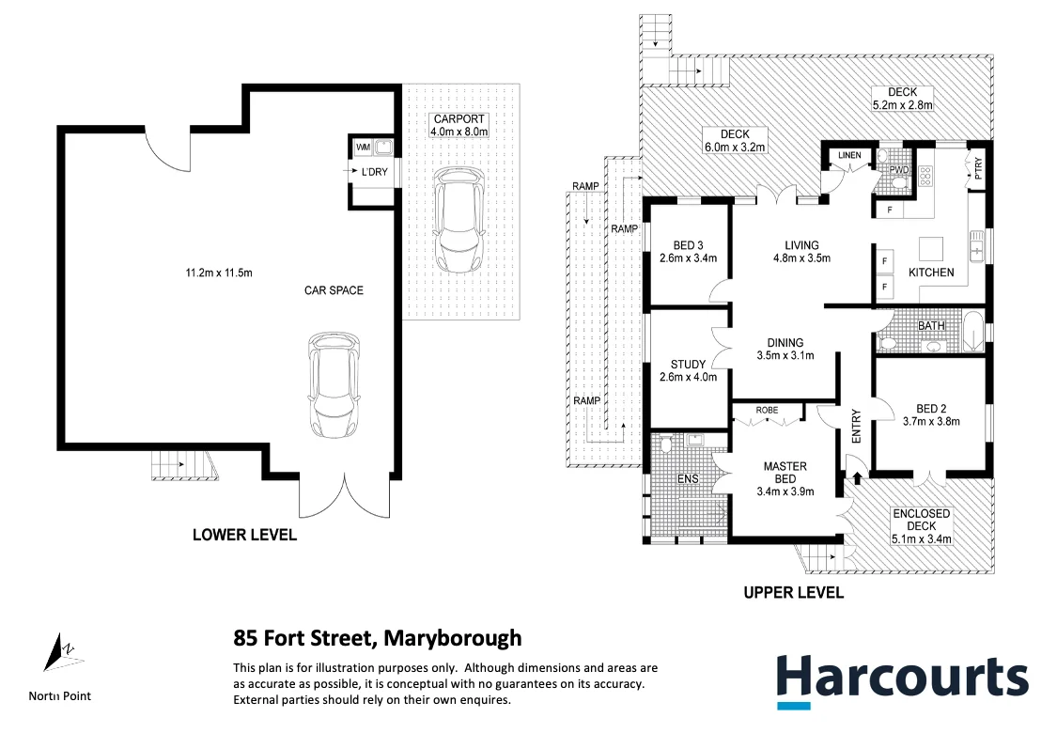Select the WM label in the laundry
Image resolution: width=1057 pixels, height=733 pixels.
[363, 148]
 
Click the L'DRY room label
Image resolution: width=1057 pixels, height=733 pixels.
[374, 172]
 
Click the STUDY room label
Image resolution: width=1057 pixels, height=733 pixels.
[688, 365]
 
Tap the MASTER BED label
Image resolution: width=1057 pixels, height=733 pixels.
[785, 473]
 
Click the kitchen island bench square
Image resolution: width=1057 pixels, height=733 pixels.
[931, 248]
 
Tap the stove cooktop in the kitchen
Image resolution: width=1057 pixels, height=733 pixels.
[925, 176]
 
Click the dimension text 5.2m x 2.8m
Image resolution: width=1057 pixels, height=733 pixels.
[902, 105]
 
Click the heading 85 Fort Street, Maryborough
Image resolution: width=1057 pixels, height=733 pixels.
[377, 638]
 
